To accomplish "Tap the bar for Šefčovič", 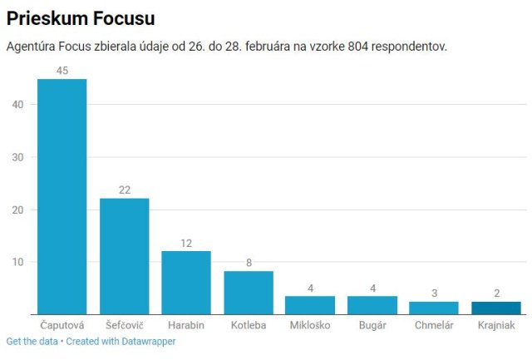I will pyautogui.click(x=124, y=255).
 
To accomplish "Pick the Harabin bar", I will pyautogui.click(x=186, y=282).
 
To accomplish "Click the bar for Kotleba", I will pyautogui.click(x=248, y=292).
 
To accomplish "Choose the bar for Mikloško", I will pyautogui.click(x=310, y=304).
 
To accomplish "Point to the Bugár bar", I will pyautogui.click(x=372, y=304).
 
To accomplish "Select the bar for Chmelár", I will pyautogui.click(x=434, y=307).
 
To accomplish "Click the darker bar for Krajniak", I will pyautogui.click(x=496, y=307).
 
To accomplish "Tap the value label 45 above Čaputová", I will pyautogui.click(x=62, y=71).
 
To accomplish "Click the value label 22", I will pyautogui.click(x=124, y=190).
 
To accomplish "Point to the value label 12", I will pyautogui.click(x=186, y=244).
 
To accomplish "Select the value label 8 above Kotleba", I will pyautogui.click(x=248, y=264).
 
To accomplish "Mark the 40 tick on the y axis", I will pyautogui.click(x=18, y=104).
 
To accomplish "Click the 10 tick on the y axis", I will pyautogui.click(x=18, y=262).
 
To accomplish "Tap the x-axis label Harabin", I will pyautogui.click(x=186, y=324).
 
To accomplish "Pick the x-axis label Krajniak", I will pyautogui.click(x=496, y=324).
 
